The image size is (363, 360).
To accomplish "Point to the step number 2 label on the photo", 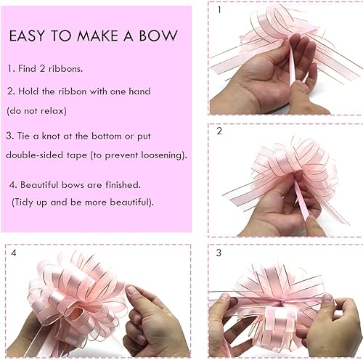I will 218,131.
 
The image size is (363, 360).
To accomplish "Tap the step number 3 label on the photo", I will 218,253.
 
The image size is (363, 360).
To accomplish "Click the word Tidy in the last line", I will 27,201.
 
